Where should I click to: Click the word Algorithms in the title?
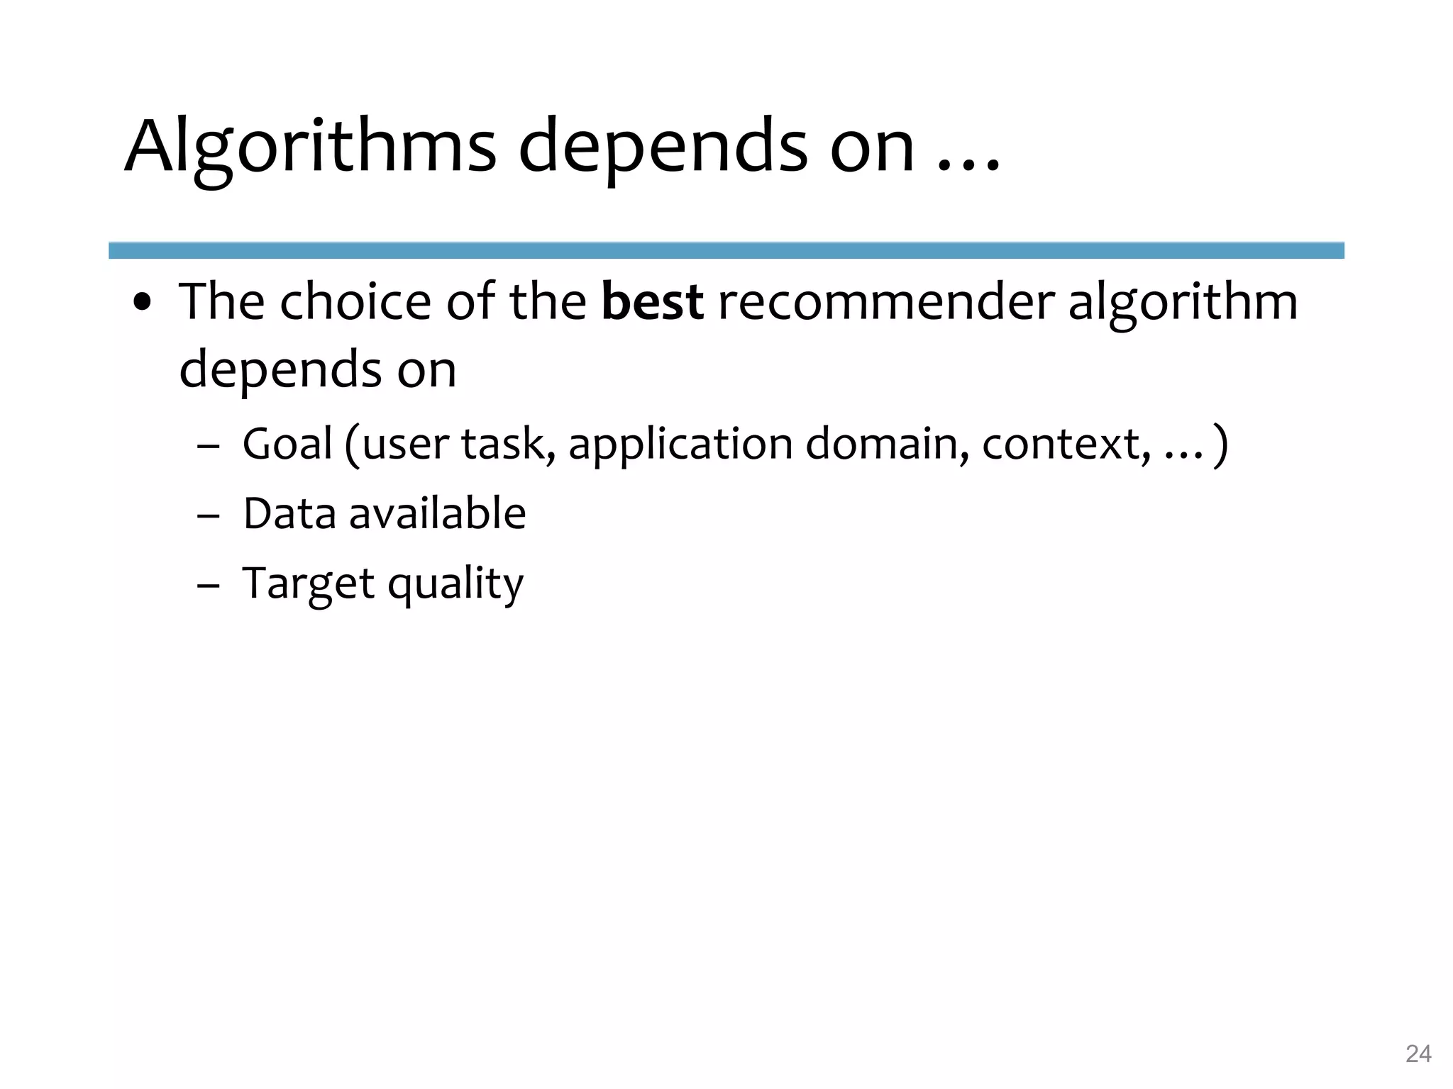310,147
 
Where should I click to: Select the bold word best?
652,301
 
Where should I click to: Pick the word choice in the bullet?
355,301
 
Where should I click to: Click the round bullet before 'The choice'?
143,303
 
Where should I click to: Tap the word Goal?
287,444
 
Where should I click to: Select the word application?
680,445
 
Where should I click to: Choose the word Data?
289,513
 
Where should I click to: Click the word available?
437,513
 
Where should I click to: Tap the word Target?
308,584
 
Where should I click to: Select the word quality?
455,584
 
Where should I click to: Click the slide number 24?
1418,1054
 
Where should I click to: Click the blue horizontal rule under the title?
726,250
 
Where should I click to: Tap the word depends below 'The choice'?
281,369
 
